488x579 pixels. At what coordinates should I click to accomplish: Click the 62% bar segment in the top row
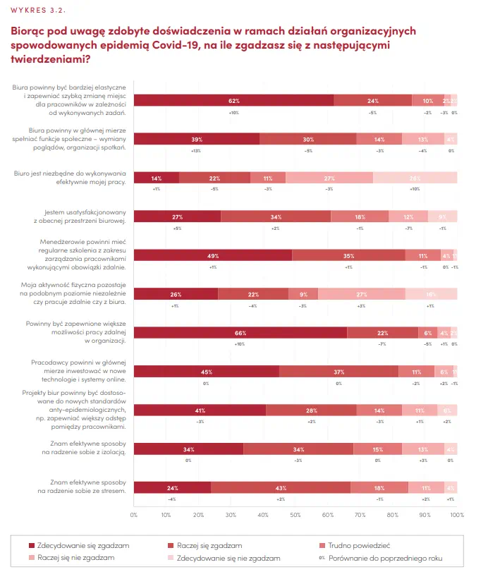click(x=233, y=100)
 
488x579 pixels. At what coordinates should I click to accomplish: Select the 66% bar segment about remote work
click(x=240, y=333)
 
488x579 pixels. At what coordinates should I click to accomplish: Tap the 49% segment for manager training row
click(x=212, y=255)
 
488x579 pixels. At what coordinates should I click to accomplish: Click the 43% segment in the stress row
click(x=281, y=488)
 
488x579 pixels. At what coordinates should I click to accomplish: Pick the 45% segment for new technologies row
click(x=207, y=372)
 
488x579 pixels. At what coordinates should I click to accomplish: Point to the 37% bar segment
click(x=338, y=372)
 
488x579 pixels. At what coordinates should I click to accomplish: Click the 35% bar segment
click(x=348, y=255)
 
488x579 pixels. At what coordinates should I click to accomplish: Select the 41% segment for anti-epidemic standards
click(x=200, y=410)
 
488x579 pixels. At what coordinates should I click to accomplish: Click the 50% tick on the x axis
click(x=295, y=514)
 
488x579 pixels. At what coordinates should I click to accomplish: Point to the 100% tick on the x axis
click(x=456, y=514)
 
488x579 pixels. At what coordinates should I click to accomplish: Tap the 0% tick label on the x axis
click(x=134, y=514)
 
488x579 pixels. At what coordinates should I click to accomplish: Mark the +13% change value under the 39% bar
click(x=196, y=151)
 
